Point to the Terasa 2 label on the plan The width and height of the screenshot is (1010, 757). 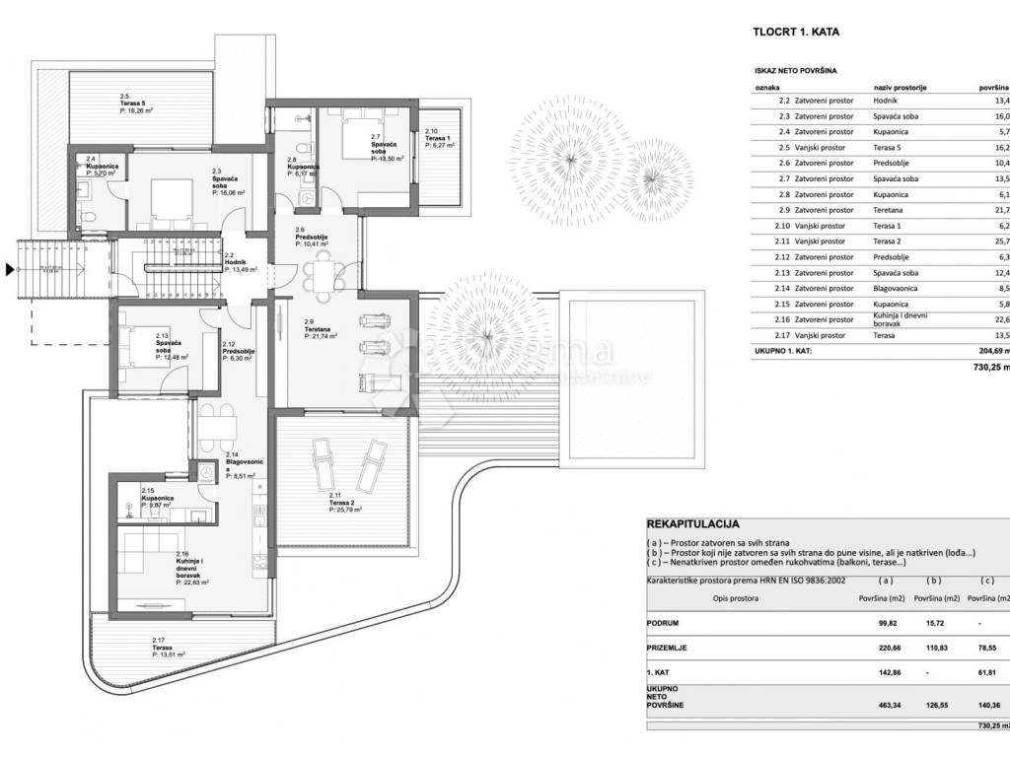tap(344, 503)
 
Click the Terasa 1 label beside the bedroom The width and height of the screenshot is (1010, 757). tap(437, 138)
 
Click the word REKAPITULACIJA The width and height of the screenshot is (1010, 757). tap(692, 525)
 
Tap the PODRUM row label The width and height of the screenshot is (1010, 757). tap(663, 623)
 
